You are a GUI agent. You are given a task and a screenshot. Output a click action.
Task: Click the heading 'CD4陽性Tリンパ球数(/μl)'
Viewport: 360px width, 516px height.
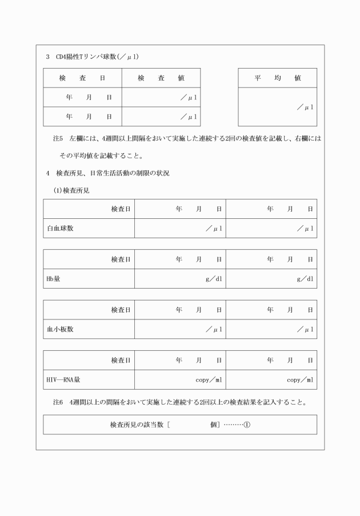97,58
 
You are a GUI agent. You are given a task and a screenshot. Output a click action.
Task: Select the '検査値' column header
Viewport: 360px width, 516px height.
161,78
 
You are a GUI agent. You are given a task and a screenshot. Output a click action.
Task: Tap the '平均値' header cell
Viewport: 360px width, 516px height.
278,78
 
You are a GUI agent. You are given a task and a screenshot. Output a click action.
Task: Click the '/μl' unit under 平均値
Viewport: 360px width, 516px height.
305,107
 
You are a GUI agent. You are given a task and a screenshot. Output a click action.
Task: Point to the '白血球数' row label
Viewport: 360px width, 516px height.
60,229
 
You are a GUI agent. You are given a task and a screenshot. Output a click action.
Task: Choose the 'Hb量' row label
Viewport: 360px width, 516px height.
53,279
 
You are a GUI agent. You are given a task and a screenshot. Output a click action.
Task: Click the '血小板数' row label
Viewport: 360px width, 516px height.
60,329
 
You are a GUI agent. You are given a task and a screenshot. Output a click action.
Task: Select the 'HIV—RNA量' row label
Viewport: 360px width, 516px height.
64,379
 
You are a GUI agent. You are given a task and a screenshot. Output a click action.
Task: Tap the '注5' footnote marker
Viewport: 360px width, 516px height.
57,138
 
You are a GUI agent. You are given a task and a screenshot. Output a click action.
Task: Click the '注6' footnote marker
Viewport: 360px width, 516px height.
57,402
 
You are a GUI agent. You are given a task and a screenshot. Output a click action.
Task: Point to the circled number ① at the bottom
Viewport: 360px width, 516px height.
247,425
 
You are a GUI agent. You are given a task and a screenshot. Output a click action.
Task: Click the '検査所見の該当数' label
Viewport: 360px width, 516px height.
137,425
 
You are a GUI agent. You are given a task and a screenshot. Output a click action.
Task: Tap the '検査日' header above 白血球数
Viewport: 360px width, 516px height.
121,209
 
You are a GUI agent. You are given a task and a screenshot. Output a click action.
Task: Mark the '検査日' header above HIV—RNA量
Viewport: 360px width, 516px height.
121,361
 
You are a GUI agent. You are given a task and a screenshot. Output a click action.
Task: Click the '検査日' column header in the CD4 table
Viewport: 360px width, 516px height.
82,78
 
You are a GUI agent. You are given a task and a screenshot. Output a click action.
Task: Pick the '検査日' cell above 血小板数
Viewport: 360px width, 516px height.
121,310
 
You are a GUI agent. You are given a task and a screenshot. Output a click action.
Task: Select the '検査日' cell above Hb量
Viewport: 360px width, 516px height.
121,260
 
